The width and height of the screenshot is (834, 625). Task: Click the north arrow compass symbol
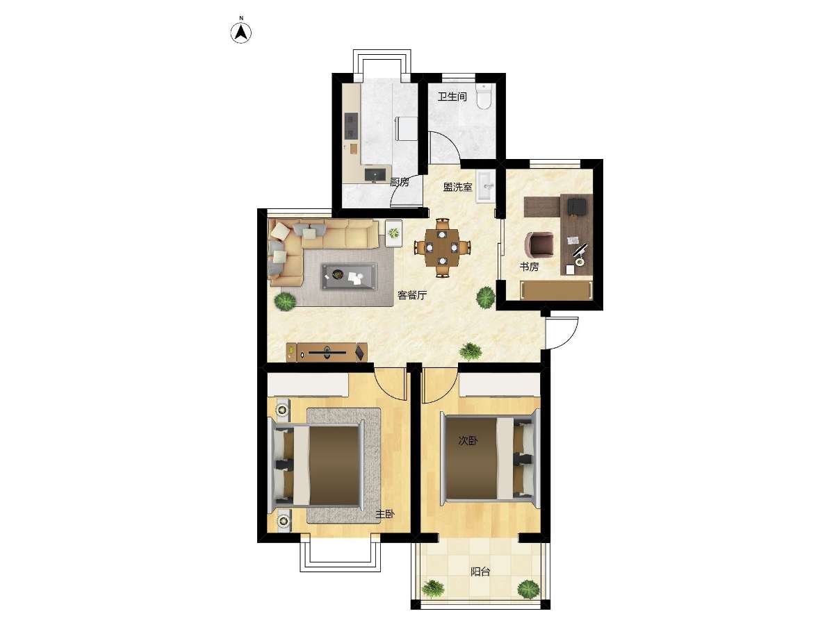pos(241,33)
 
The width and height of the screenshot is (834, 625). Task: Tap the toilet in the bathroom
pos(484,97)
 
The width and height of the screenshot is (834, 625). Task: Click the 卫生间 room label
pos(452,97)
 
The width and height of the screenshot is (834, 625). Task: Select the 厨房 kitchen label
pos(400,182)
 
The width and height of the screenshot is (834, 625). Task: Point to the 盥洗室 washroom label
pos(458,187)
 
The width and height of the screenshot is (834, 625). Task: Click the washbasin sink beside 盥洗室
pos(485,186)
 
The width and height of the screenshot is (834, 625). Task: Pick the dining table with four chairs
pos(442,248)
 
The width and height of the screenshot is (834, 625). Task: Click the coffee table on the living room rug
pos(349,276)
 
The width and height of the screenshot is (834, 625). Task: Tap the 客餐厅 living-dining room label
pos(412,295)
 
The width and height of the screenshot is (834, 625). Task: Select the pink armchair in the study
pos(539,243)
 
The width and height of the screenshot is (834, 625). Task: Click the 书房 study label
pos(530,267)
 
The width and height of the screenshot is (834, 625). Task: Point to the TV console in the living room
pos(327,352)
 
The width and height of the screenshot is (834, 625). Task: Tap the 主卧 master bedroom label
pos(385,515)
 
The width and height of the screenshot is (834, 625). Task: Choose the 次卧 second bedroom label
pos(468,440)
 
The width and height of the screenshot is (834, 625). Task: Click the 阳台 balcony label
pos(480,572)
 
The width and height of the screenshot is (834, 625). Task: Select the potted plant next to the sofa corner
pos(286,301)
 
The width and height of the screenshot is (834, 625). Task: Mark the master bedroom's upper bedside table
pos(282,410)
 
